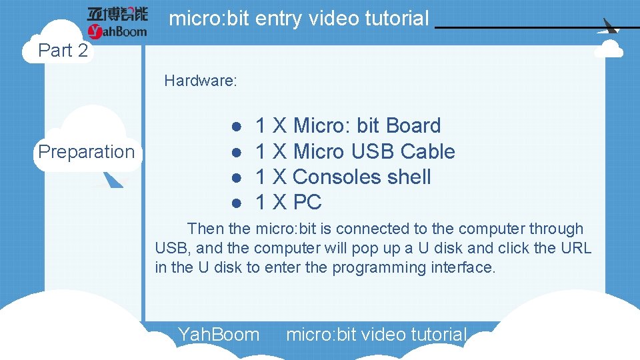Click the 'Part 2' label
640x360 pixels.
(63, 51)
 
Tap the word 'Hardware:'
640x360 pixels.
(201, 81)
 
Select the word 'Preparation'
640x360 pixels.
(86, 152)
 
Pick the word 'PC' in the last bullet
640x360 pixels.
(307, 202)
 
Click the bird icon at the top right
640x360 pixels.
(611, 27)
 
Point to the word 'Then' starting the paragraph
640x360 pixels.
(205, 229)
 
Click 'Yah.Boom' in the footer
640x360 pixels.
(218, 334)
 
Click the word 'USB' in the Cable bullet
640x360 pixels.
(371, 151)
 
